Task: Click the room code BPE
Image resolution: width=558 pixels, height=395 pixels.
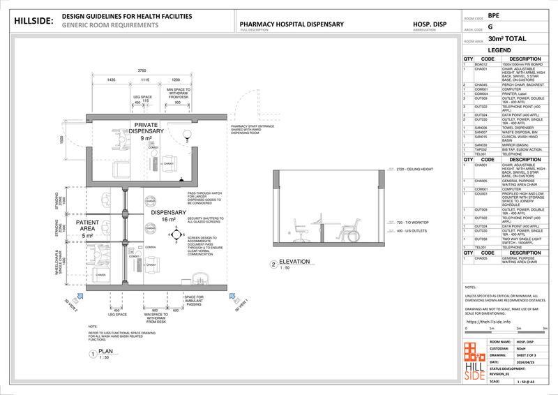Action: coord(494,15)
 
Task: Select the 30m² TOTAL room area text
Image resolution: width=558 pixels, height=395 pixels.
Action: coord(507,40)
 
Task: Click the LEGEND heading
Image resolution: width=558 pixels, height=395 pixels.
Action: coord(500,51)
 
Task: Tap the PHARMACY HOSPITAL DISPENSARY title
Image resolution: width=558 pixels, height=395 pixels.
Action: coord(292,24)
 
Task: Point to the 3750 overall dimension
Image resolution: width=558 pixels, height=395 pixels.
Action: coord(142,70)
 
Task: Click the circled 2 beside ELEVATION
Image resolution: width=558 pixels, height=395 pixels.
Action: coord(273,264)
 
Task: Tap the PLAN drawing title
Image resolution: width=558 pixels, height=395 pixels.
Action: coord(105,352)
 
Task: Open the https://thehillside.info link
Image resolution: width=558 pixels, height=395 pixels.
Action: coord(488,322)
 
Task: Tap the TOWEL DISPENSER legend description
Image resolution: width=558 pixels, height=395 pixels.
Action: coord(517,128)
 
